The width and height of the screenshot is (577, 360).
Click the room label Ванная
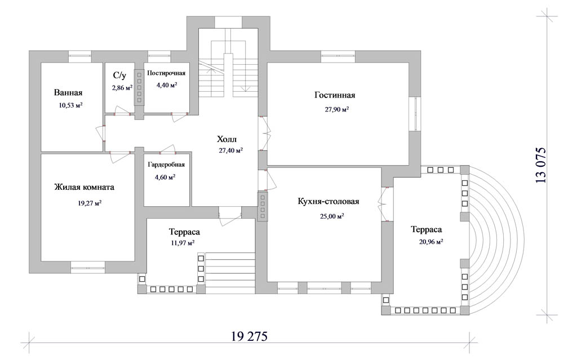68,92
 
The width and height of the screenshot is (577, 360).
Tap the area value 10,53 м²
70,105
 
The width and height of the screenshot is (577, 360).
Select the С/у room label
119,76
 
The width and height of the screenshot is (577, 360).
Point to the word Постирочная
166,73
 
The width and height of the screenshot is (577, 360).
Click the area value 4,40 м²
167,85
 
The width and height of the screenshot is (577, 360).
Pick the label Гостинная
335,95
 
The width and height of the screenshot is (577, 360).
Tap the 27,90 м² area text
337,109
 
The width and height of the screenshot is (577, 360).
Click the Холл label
227,139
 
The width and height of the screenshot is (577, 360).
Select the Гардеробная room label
166,165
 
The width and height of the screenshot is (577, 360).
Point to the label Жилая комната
85,187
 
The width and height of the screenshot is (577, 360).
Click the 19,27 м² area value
90,202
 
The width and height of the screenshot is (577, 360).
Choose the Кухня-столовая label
329,201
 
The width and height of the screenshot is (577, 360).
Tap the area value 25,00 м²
332,216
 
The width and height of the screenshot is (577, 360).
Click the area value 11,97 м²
183,243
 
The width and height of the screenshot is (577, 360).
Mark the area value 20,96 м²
431,242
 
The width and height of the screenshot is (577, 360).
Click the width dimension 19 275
249,336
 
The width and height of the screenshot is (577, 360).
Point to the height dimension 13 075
540,165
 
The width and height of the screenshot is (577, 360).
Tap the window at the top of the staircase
228,22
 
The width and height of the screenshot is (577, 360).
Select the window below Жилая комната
87,267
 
